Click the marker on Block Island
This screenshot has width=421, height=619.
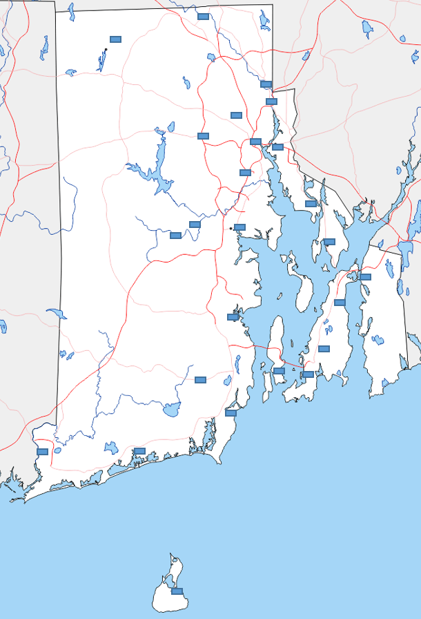[177, 591]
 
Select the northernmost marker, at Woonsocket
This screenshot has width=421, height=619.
[203, 17]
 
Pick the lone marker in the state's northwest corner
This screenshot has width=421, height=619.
[115, 39]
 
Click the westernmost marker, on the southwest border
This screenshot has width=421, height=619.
[42, 451]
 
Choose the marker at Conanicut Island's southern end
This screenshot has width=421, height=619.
[279, 371]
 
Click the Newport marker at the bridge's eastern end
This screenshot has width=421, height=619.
[308, 374]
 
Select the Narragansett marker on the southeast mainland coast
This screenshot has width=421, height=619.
[231, 413]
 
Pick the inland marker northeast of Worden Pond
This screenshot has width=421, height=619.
[200, 379]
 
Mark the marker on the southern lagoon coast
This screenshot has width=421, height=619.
[139, 451]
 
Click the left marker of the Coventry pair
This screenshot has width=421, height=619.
[175, 236]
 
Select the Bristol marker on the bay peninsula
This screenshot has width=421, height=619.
[329, 242]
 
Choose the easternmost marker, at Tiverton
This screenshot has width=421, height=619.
[365, 276]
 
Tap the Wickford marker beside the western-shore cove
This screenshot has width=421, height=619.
[233, 317]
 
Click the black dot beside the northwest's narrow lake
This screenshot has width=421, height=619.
[106, 50]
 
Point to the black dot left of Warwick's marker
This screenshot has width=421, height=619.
[231, 227]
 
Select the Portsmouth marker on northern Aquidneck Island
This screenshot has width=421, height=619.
[340, 302]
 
